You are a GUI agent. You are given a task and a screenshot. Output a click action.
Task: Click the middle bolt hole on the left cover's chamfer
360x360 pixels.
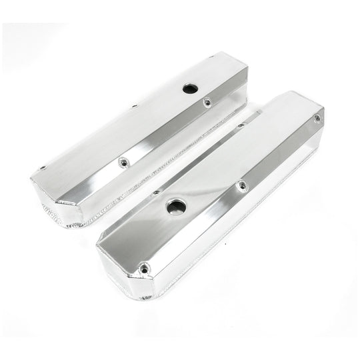coord(123,161)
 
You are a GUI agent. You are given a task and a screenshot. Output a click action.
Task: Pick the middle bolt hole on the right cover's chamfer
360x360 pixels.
coord(241,185)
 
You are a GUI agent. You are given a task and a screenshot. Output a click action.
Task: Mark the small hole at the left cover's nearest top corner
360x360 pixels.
coord(42,169)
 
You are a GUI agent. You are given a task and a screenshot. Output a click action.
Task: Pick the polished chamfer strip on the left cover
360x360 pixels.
coord(160,133)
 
